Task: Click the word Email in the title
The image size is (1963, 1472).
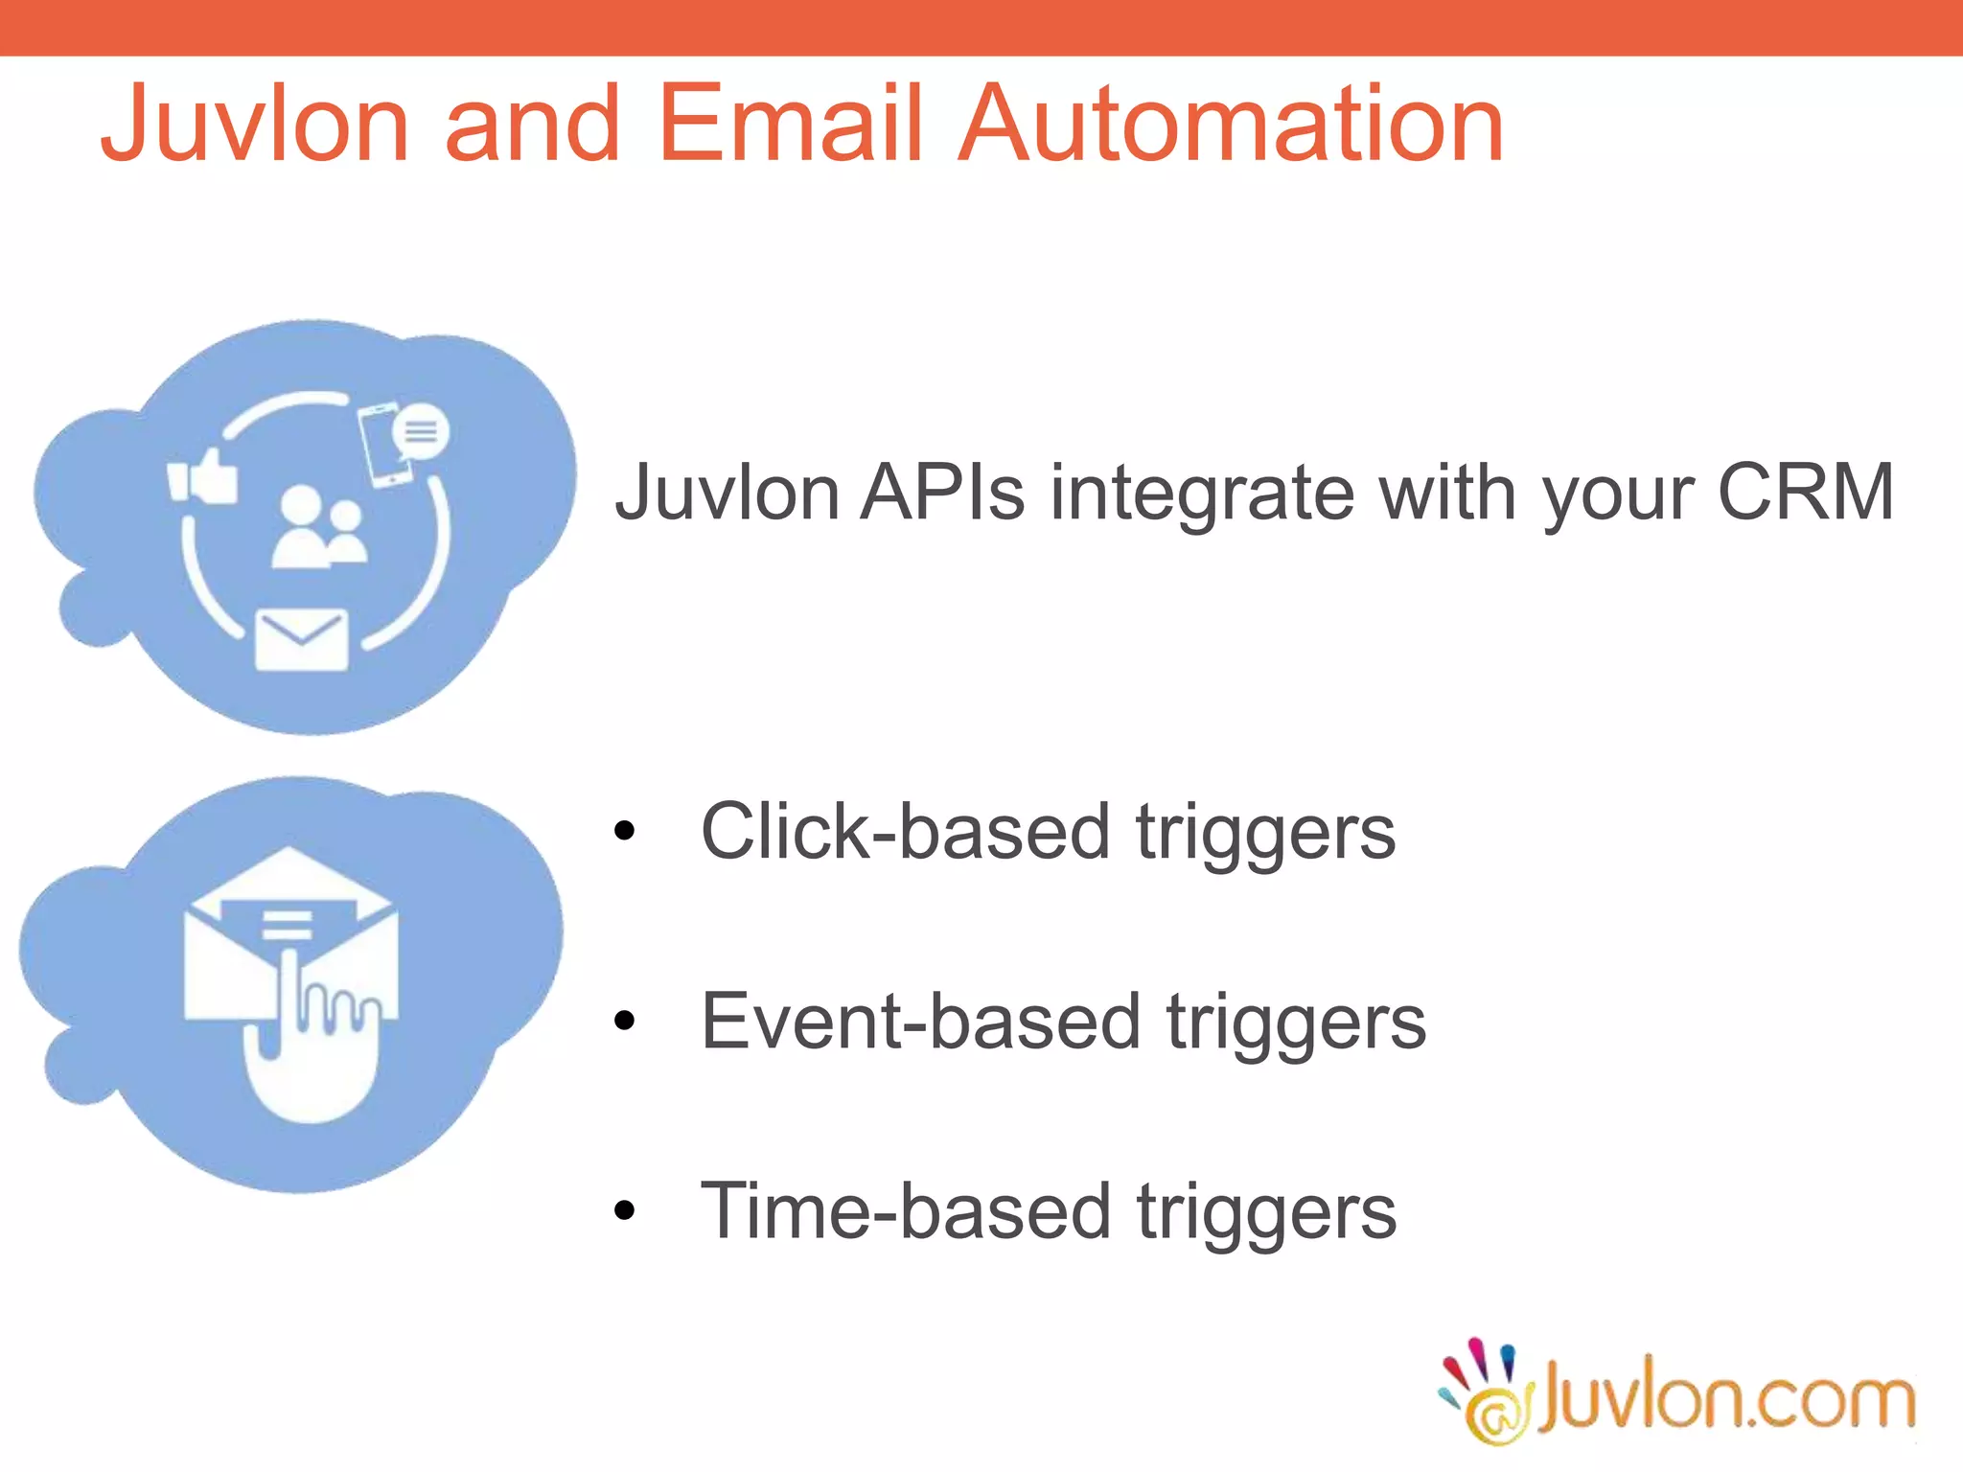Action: click(790, 124)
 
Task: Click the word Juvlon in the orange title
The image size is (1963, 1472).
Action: click(255, 126)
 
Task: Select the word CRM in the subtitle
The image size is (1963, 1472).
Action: click(1805, 493)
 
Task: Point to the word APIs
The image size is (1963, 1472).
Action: click(942, 493)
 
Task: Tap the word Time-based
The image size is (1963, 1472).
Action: click(904, 1211)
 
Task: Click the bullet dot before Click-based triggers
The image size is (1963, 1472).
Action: click(625, 832)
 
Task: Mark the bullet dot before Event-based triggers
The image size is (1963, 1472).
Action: click(625, 1022)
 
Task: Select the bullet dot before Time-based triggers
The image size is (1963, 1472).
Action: click(625, 1211)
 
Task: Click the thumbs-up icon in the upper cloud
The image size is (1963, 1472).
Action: click(203, 476)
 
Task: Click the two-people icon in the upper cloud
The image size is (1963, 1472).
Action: click(318, 528)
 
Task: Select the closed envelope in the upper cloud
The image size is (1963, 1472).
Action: click(301, 639)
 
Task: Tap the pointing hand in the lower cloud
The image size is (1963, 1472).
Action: click(309, 1045)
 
